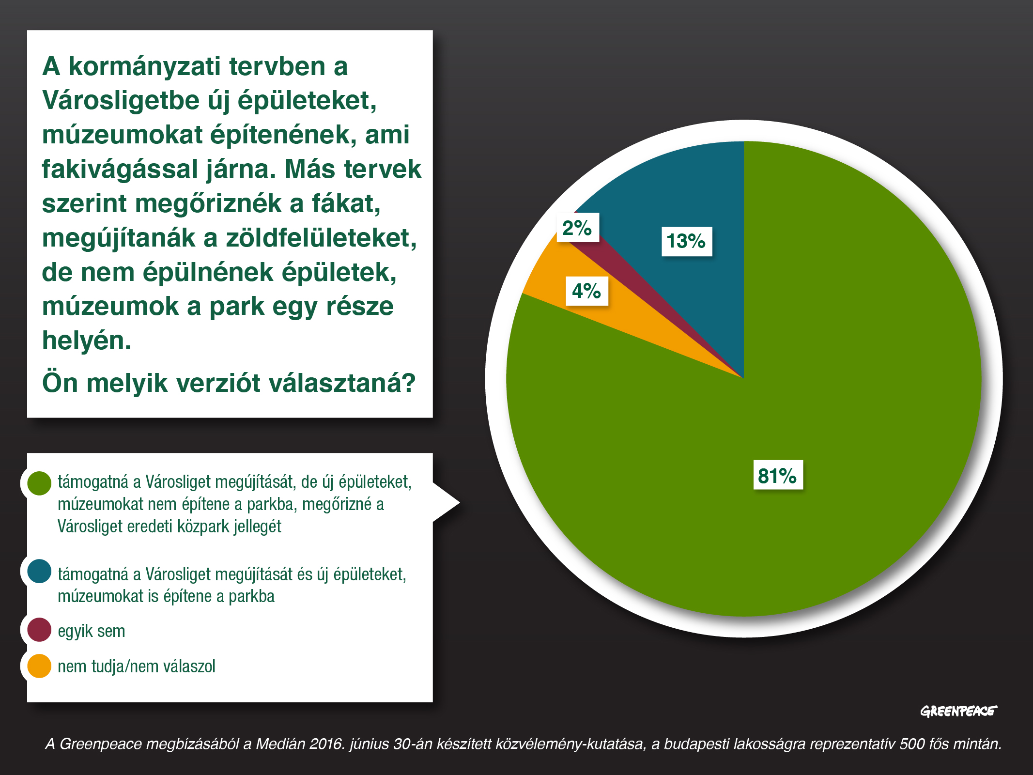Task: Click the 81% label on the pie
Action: (x=778, y=475)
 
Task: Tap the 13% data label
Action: (x=687, y=241)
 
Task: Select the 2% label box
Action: (x=577, y=228)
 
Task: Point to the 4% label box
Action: (x=587, y=291)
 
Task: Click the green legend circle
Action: (x=39, y=483)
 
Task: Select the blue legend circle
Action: (x=39, y=571)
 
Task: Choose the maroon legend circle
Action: (x=39, y=630)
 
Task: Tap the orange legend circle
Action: (x=39, y=666)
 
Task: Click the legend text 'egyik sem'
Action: (x=92, y=632)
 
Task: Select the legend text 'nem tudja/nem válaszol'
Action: (x=137, y=666)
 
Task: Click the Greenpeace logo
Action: (x=958, y=711)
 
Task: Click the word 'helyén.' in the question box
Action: (x=87, y=341)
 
